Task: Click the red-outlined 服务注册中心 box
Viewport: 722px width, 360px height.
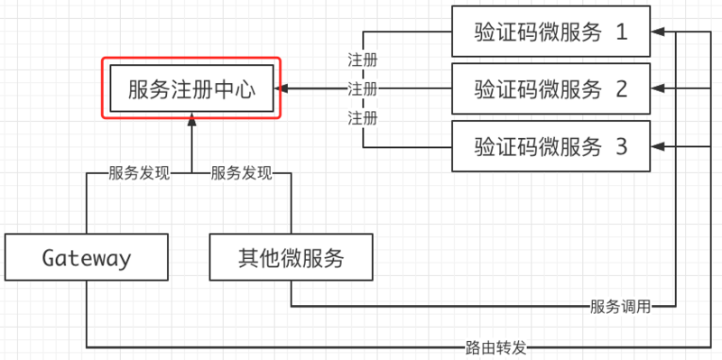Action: coord(191,88)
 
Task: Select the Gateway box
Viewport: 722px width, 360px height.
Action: coord(87,259)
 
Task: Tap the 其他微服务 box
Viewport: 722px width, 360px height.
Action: coord(292,259)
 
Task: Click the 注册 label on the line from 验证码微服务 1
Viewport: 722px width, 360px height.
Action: coord(363,60)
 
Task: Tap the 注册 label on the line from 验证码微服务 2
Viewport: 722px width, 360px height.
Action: coord(363,89)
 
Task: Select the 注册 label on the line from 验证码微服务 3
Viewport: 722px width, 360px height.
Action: coord(363,117)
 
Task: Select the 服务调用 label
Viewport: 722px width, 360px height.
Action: coord(619,306)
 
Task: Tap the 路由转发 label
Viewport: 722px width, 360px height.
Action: coord(495,346)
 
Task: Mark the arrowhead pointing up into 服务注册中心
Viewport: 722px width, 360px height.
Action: coord(191,119)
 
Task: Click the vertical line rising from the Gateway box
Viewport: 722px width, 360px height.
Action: coord(87,208)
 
